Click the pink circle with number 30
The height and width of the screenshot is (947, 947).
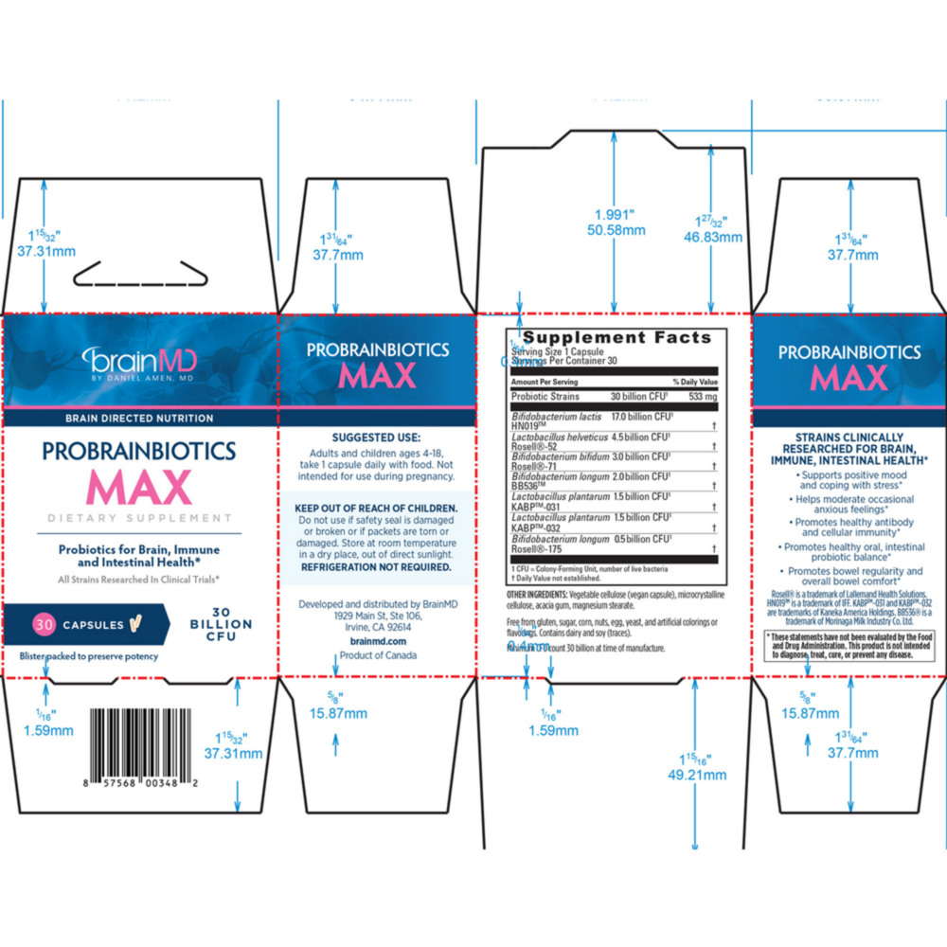(x=44, y=624)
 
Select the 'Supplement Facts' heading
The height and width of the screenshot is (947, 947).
(x=616, y=338)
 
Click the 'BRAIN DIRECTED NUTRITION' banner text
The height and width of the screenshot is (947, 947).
(x=138, y=418)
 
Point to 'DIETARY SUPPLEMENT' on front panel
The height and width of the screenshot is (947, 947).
(x=140, y=518)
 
